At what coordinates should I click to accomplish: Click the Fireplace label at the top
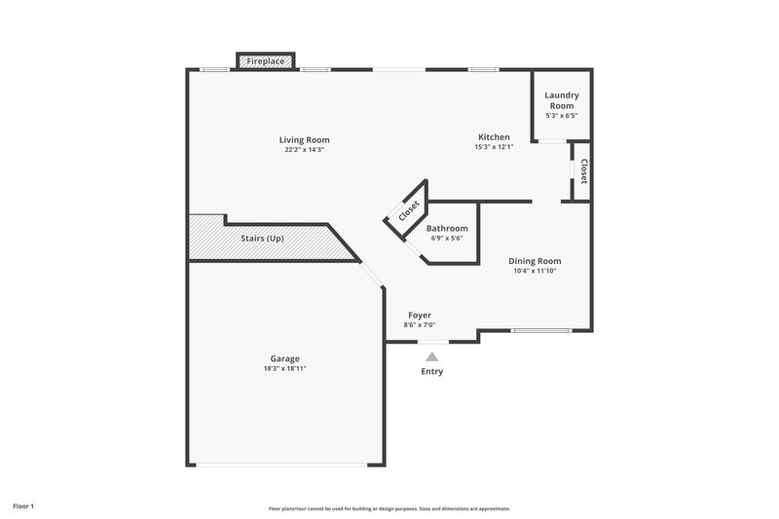tap(265, 61)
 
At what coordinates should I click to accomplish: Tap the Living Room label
tap(304, 139)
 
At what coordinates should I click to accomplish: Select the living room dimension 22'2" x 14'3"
tap(304, 150)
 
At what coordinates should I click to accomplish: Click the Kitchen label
tap(493, 136)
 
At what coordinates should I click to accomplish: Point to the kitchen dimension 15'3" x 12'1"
tap(493, 147)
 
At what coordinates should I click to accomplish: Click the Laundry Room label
tap(562, 100)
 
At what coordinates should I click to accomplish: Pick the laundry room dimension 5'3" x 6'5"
tap(562, 116)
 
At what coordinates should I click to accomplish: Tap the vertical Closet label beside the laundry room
tap(583, 171)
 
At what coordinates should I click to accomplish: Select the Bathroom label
tap(447, 228)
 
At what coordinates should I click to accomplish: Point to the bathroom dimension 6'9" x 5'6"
tap(447, 239)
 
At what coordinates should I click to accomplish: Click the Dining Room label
tap(536, 261)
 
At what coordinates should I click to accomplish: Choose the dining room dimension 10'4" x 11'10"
tap(536, 272)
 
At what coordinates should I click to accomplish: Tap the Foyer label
tap(420, 315)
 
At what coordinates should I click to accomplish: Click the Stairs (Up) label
tap(262, 239)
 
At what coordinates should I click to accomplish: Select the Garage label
tap(285, 358)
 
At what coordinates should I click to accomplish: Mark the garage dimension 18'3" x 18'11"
tap(285, 369)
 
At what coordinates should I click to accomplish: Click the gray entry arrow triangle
tap(431, 357)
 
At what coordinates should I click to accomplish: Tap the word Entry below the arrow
tap(431, 372)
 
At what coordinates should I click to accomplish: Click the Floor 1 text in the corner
tap(23, 506)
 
